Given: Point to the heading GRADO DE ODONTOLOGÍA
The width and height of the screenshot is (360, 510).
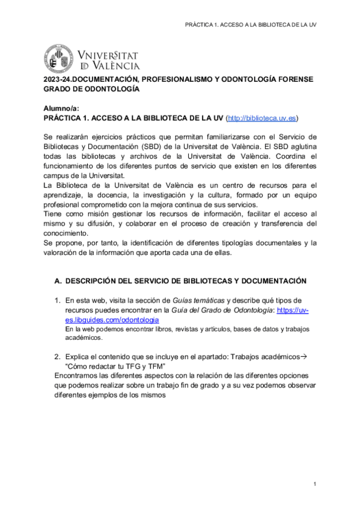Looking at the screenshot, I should pyautogui.click(x=91, y=88).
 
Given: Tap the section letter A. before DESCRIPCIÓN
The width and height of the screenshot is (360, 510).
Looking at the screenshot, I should pyautogui.click(x=58, y=281).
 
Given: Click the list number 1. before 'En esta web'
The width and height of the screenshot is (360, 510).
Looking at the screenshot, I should pyautogui.click(x=58, y=300).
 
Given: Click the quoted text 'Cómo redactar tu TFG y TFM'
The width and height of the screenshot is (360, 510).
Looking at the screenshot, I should pyautogui.click(x=114, y=366).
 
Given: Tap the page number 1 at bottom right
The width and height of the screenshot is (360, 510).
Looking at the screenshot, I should pyautogui.click(x=314, y=484).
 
